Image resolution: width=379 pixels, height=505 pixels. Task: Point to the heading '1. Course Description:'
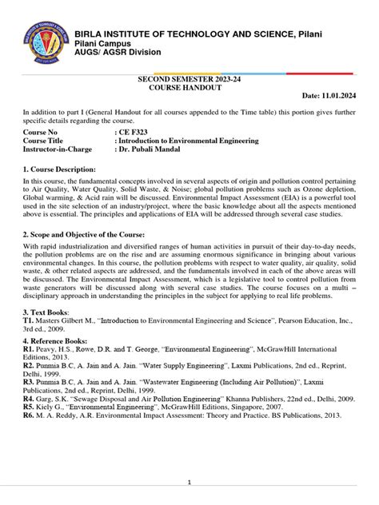pyautogui.click(x=60, y=170)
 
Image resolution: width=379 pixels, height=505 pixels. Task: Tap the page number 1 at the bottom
pyautogui.click(x=189, y=483)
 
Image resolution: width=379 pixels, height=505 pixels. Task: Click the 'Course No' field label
pyautogui.click(x=42, y=131)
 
